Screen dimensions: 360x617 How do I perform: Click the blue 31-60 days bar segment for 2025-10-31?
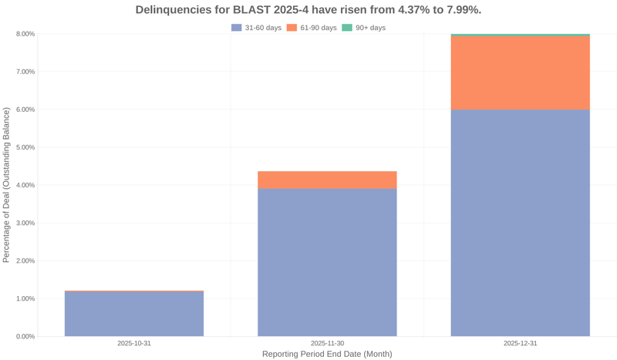tap(134, 314)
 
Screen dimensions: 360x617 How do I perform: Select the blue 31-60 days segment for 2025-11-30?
tap(327, 262)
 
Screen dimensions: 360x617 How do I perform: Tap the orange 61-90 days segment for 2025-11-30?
tap(327, 180)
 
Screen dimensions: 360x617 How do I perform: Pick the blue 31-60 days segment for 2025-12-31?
tap(520, 223)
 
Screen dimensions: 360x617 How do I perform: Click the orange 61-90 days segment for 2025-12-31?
tap(520, 73)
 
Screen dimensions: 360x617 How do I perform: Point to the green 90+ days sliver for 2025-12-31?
tap(520, 35)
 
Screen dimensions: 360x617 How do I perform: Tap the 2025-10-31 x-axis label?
tap(134, 343)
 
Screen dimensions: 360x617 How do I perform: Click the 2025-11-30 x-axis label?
tap(327, 343)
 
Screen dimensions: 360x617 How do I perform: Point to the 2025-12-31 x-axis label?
tap(520, 343)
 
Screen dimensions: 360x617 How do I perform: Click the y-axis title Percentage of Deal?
tap(7, 185)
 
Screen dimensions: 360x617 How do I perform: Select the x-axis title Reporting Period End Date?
tap(327, 354)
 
